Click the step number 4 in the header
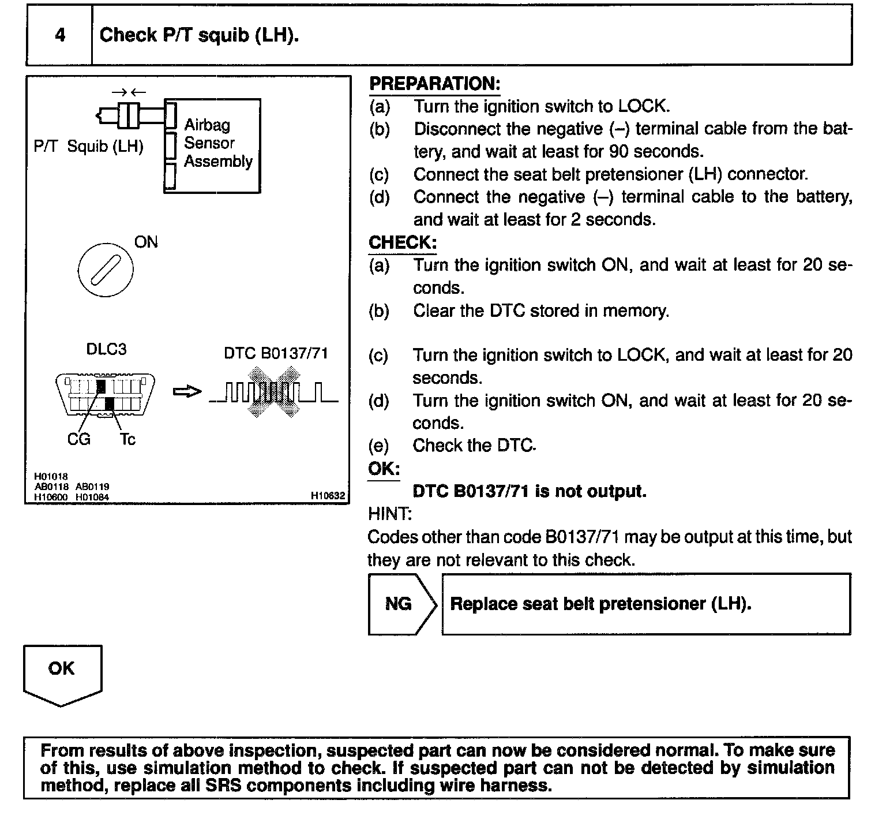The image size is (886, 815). [60, 35]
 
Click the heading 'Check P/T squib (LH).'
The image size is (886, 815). [199, 35]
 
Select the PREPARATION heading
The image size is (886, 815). [434, 84]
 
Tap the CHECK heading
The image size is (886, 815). [402, 242]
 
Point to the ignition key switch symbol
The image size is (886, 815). [105, 269]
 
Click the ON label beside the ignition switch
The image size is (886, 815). [146, 242]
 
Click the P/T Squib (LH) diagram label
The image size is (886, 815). [88, 146]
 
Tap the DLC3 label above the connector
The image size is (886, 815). [106, 349]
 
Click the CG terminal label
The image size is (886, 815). [78, 440]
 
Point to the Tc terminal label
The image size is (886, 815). [127, 440]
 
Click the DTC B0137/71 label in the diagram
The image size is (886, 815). [276, 353]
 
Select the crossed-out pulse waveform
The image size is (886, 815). [274, 392]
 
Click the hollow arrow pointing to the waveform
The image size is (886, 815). [187, 392]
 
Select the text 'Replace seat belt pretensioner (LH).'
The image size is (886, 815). [600, 604]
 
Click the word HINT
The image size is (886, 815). [389, 514]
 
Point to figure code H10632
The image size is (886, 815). [327, 495]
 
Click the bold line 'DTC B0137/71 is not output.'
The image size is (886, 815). [530, 491]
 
